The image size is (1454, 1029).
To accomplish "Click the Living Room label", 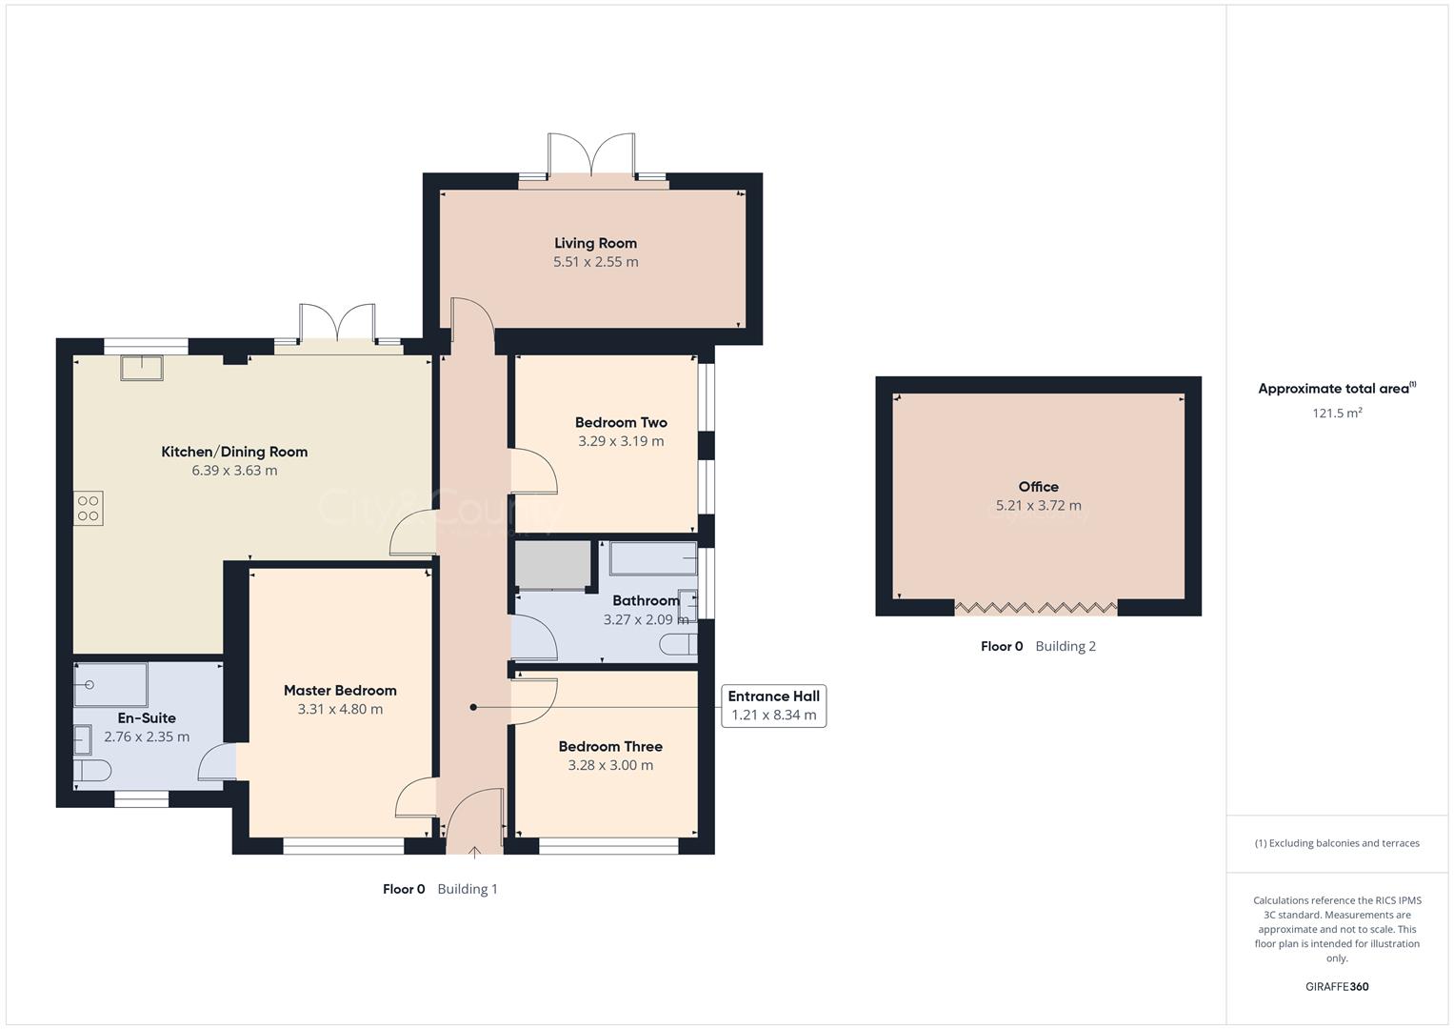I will point(595,243).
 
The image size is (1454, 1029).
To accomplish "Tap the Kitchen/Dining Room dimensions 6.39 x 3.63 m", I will point(234,471).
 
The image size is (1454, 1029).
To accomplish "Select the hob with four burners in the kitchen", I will point(89,508).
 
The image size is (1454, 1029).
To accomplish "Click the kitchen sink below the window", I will point(141,367).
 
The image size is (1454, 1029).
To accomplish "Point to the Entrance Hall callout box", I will point(773,706).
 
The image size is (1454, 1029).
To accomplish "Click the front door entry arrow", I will point(474,851).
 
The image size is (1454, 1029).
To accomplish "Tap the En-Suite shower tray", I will point(110,684).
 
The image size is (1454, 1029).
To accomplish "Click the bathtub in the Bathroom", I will point(652,558).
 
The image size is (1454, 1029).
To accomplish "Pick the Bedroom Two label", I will point(621,422).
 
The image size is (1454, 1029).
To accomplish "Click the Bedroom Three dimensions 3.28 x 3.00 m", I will point(610,765).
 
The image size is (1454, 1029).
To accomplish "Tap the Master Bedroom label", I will point(340,691).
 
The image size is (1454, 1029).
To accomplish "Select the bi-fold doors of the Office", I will point(1035,608).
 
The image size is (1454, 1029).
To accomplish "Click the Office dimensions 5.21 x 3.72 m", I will point(1038,506).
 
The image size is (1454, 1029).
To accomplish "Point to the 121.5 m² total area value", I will point(1337,414).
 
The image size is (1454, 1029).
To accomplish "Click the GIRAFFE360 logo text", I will point(1337,987).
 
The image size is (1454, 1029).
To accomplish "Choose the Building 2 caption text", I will point(1066,646).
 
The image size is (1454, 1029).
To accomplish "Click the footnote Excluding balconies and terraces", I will point(1337,843).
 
